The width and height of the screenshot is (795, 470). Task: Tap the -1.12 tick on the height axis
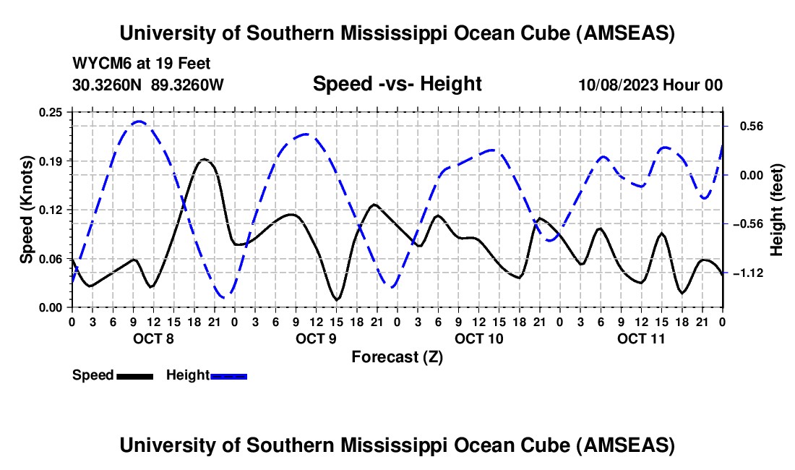[x=747, y=273]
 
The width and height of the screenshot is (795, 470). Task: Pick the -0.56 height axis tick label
[x=747, y=224]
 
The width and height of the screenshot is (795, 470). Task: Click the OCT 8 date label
[x=152, y=338]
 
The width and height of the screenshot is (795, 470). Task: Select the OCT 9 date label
[x=315, y=338]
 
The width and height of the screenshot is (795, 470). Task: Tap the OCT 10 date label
[x=478, y=338]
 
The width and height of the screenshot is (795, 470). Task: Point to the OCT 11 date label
[x=640, y=338]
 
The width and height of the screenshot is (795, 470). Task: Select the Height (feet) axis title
[x=777, y=209]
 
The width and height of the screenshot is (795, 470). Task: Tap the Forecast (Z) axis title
[x=397, y=356]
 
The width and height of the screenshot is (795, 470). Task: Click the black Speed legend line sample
[x=134, y=376]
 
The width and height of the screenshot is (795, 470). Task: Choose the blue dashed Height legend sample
[x=228, y=376]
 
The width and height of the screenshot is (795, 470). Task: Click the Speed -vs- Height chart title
[x=397, y=84]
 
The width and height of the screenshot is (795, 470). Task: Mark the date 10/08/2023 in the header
[x=618, y=85]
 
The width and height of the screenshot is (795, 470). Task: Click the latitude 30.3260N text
[x=108, y=85]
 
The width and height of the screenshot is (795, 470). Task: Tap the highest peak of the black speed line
[x=205, y=159]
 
